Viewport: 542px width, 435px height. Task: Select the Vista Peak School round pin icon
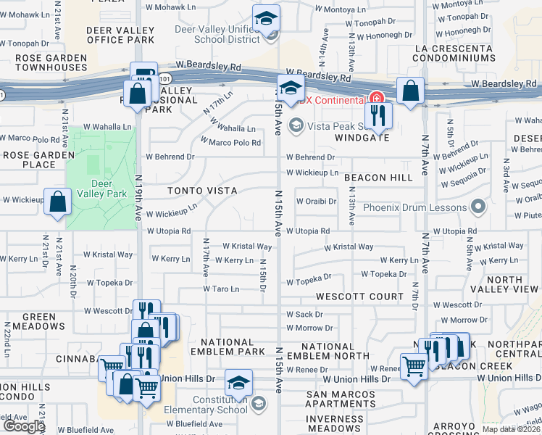[295, 126]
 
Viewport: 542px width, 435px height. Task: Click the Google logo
[23, 427]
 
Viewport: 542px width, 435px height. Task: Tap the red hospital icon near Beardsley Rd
[376, 98]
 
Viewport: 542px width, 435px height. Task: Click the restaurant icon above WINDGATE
[377, 114]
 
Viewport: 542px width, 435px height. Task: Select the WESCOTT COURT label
[359, 297]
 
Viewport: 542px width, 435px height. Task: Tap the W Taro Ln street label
[220, 289]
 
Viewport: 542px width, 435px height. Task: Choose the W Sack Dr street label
[304, 315]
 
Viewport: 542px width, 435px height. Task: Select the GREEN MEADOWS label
[33, 322]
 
